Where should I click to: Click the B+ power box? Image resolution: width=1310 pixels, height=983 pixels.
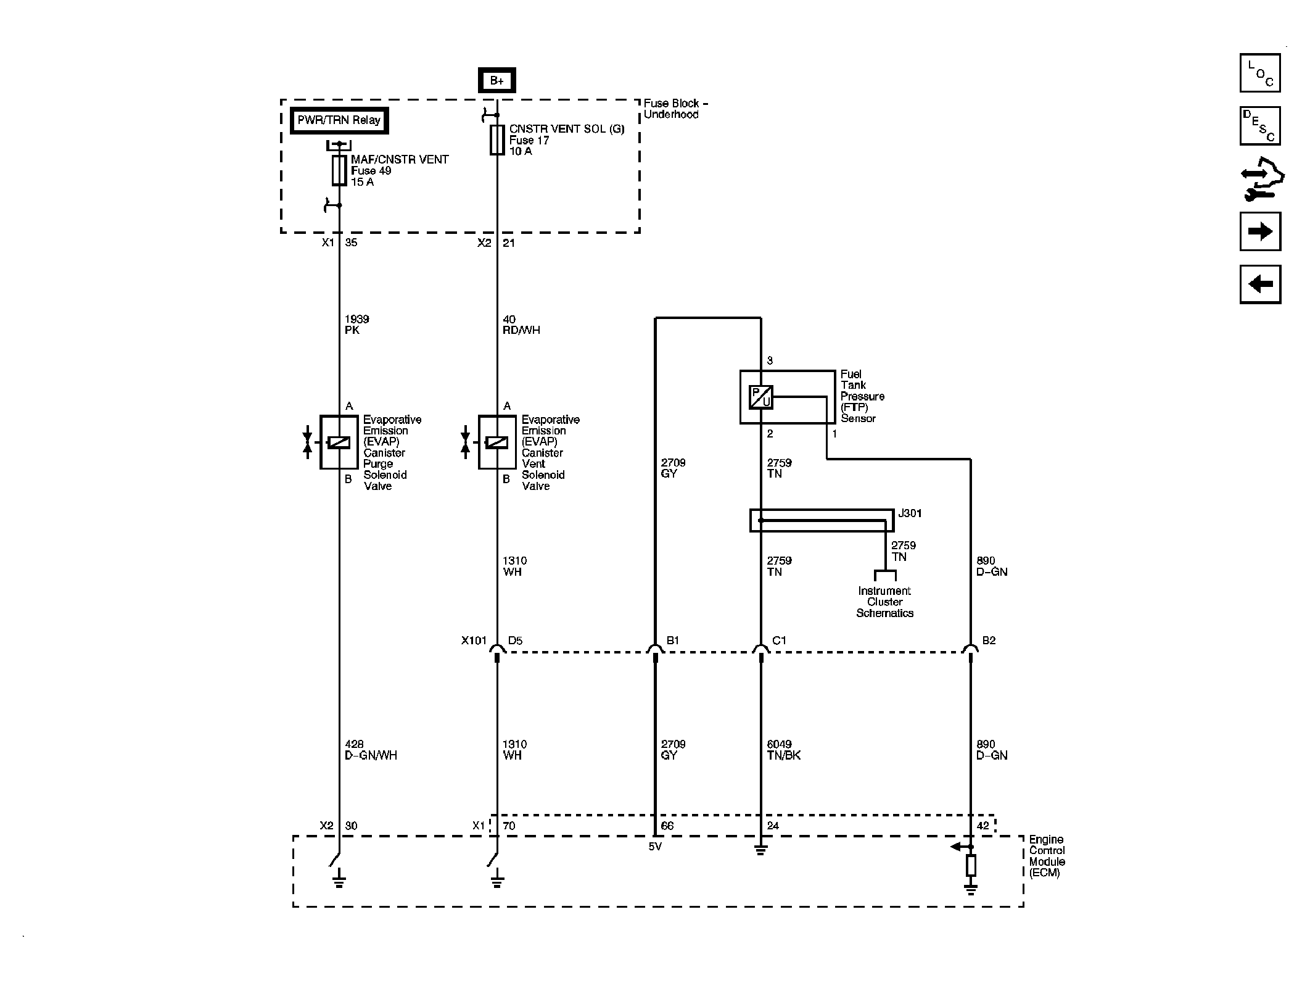496,81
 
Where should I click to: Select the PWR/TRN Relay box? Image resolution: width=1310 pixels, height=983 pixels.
339,120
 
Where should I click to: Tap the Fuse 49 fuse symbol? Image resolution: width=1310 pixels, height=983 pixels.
339,170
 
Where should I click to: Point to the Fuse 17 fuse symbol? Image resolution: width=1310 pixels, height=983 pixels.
496,140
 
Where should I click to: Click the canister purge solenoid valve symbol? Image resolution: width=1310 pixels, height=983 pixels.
339,442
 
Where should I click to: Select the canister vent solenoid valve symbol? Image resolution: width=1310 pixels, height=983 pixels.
496,442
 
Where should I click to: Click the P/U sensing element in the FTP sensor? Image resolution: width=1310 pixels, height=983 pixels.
760,397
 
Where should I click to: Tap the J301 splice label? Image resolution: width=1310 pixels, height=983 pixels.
910,513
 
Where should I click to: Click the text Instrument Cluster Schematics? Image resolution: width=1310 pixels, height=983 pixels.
884,602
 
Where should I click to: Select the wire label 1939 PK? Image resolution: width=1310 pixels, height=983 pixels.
356,325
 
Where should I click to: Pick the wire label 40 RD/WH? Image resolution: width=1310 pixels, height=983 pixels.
521,325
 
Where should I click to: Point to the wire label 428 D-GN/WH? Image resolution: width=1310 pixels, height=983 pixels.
370,750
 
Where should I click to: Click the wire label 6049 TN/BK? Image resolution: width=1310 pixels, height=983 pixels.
783,750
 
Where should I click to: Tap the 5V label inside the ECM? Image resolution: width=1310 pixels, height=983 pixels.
655,847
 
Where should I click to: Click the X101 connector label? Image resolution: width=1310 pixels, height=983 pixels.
474,641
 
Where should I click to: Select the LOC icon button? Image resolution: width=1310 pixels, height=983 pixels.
1260,73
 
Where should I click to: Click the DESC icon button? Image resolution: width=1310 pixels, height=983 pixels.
1260,126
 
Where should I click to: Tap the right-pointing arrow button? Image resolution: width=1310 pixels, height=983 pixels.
1260,231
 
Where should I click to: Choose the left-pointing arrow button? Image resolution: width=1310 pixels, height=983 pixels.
1260,284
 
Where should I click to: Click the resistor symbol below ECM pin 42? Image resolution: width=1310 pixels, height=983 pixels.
971,866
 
